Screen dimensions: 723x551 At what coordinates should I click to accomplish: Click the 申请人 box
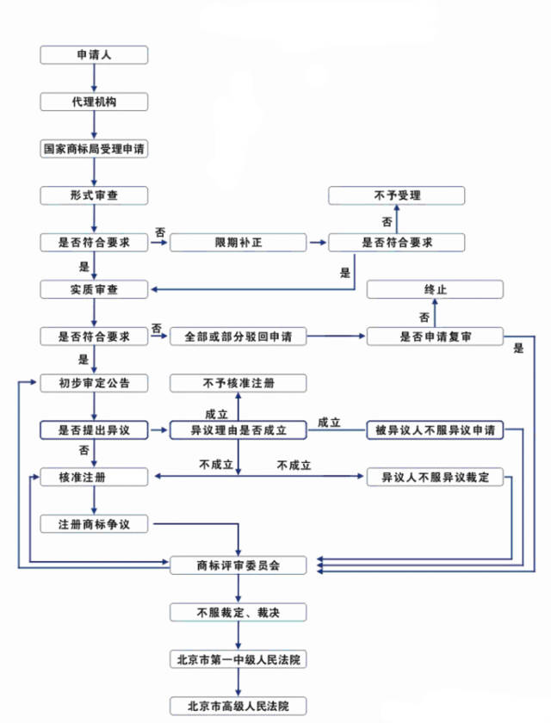[94, 54]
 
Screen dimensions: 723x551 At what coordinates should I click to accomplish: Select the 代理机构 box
[94, 101]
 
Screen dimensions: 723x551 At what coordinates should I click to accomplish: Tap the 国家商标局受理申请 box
[94, 148]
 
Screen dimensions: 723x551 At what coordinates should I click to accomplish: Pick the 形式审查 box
[94, 195]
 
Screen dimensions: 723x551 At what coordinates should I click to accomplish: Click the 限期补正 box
[238, 243]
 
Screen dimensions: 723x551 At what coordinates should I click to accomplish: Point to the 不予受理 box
[397, 195]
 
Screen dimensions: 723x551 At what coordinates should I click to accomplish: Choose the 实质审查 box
[94, 289]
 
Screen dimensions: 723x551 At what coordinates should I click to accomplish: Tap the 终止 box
[435, 289]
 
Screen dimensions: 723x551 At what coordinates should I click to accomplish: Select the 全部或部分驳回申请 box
[238, 337]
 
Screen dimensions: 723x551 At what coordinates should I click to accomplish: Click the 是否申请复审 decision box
[435, 337]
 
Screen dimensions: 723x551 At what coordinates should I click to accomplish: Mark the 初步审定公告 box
[94, 382]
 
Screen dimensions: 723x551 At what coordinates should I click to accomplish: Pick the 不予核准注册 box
[238, 382]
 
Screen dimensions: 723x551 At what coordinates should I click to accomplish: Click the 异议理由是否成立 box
[238, 429]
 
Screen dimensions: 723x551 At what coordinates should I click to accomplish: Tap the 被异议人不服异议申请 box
[435, 429]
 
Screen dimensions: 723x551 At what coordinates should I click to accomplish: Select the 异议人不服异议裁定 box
[435, 476]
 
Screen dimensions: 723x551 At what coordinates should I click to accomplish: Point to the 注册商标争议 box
[94, 522]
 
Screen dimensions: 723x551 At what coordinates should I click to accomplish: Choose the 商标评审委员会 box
[238, 565]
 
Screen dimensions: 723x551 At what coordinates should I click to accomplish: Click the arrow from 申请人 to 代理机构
[94, 77]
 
